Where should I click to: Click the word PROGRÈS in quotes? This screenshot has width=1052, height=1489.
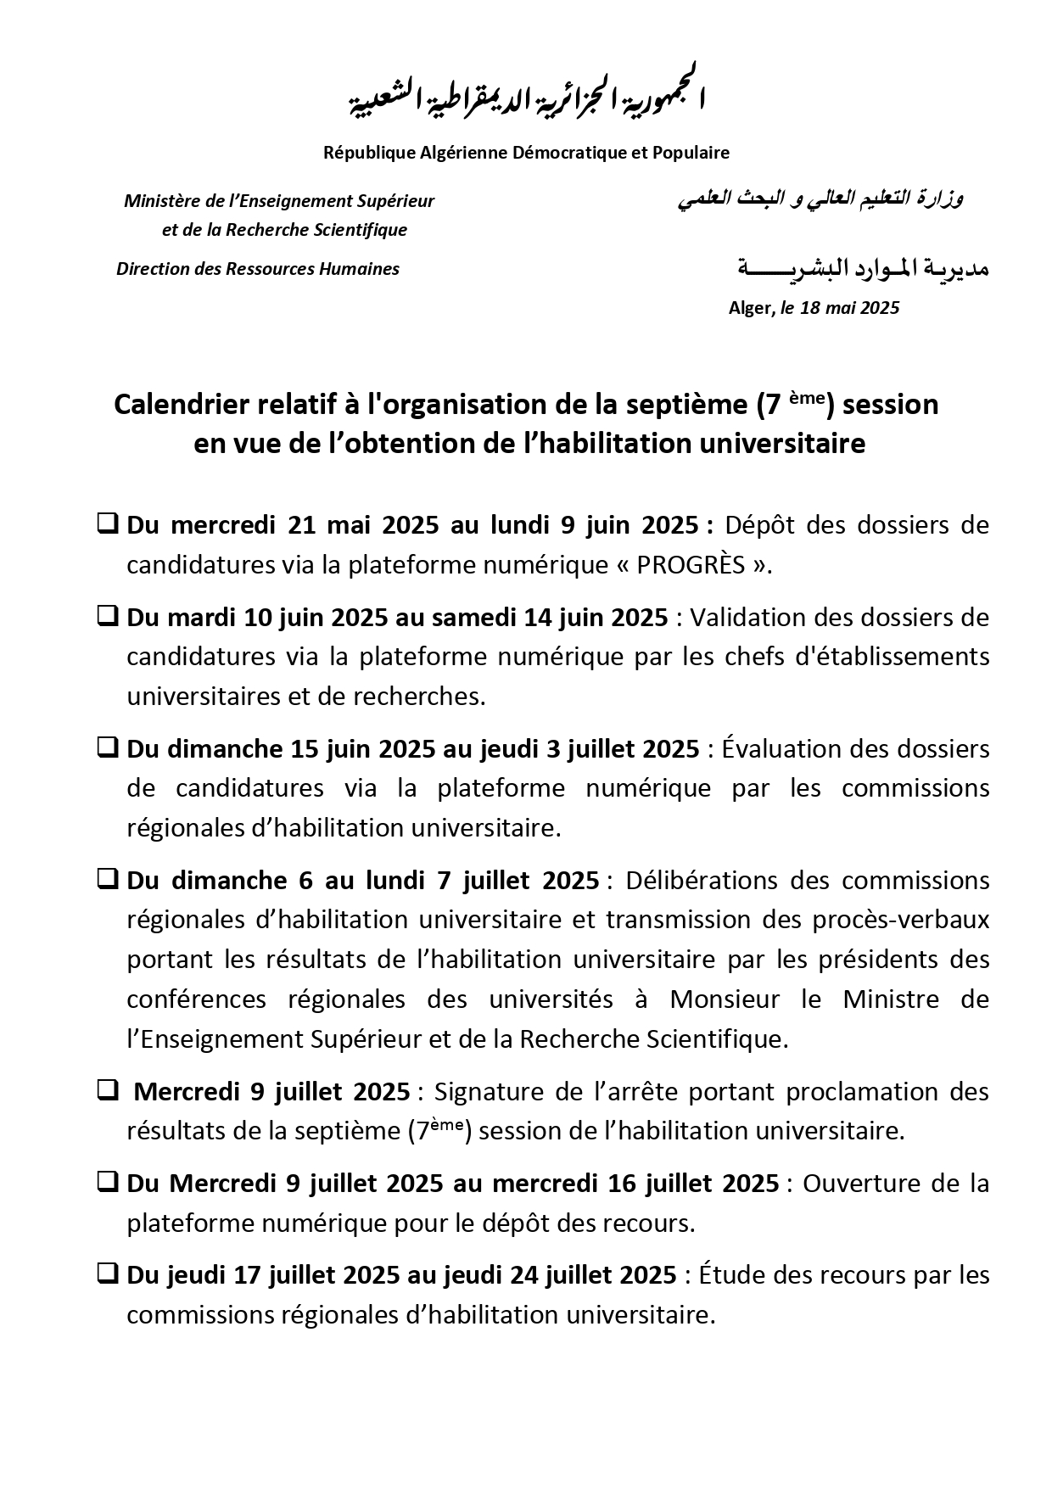691,565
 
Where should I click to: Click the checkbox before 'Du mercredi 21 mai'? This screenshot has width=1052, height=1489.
108,524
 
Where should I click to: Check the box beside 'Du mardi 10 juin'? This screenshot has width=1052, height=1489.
108,617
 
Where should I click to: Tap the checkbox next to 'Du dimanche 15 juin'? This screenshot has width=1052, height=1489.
108,748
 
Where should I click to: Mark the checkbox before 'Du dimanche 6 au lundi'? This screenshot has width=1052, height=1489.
108,880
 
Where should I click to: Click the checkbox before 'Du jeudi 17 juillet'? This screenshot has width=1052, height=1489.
108,1274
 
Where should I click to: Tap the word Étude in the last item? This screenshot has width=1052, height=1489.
732,1275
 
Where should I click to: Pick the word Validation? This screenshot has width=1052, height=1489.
748,618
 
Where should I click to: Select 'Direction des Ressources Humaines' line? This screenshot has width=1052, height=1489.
258,269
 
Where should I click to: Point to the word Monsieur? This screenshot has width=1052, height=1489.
725,999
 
